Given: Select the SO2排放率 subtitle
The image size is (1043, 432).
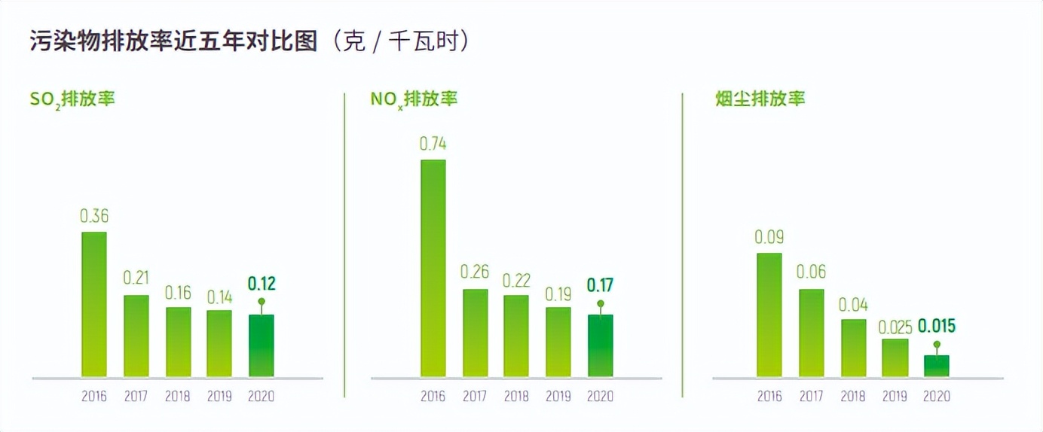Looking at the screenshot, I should coord(72,99).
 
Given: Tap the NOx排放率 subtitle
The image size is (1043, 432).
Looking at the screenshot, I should coord(414,99).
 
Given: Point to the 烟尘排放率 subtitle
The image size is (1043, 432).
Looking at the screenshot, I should coord(760,99).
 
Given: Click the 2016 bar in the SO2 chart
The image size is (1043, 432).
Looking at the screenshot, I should coord(94,305).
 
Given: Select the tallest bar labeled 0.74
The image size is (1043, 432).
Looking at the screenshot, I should coord(433,269).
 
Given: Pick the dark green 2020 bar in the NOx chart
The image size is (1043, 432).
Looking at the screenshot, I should coord(600,345).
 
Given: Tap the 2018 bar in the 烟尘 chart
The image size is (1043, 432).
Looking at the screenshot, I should coord(853,348).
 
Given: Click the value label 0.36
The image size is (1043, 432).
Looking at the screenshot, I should coord(94,217).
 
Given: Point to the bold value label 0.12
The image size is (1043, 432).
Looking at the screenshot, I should coord(262,284).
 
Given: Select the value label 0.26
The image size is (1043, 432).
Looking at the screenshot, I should coord(475,272).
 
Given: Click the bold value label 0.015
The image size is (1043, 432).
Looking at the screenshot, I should coord(936,326).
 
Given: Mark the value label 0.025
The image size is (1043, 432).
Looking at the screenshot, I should coord(895,327).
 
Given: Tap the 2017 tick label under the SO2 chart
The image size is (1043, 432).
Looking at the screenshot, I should coord(136,397).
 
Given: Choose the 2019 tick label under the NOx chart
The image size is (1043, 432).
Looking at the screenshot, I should coord(558,397).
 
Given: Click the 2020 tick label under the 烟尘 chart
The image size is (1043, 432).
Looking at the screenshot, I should coord(937,397).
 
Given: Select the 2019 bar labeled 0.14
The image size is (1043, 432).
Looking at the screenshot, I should coord(219,343).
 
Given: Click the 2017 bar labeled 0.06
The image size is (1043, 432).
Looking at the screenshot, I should coord(811,333).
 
